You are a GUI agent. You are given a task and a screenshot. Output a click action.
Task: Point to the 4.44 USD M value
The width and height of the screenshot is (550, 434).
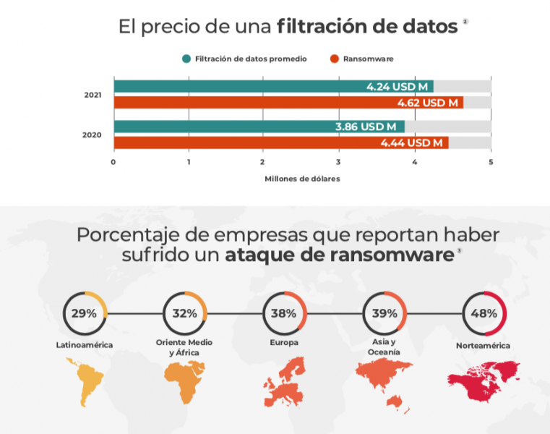(411, 143)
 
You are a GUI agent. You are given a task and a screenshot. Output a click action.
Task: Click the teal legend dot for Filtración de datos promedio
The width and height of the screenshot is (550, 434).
(186, 59)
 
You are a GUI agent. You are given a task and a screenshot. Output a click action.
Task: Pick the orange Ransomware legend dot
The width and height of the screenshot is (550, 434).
(335, 59)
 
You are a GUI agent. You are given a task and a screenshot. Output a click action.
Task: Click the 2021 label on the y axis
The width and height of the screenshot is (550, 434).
(93, 95)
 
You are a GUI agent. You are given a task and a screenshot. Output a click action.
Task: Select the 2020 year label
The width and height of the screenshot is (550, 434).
(93, 135)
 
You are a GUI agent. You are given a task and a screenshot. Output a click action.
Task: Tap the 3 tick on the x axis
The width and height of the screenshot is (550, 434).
(339, 161)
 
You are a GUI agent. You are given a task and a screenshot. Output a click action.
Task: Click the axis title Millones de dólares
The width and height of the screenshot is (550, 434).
(302, 178)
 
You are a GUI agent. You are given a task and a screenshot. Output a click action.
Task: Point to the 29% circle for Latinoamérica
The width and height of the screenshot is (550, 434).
(85, 313)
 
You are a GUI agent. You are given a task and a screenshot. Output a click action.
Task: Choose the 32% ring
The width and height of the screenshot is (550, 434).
(185, 313)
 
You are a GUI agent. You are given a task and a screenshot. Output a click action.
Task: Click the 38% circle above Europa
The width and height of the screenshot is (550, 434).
(285, 313)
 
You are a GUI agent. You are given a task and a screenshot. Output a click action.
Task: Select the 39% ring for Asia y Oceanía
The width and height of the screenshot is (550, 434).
(384, 313)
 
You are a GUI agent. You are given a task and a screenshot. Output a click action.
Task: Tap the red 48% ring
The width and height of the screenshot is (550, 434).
(484, 313)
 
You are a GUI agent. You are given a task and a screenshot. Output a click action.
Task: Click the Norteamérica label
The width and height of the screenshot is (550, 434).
(483, 346)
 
